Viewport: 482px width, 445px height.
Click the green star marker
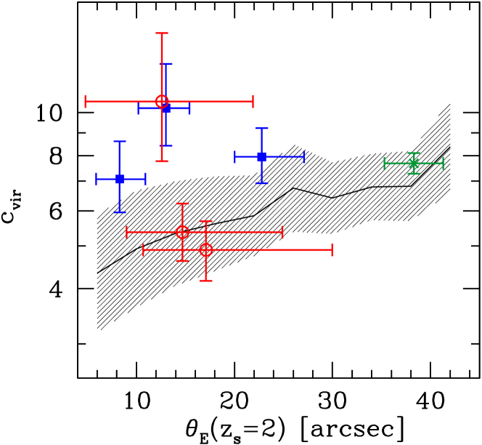click(414, 163)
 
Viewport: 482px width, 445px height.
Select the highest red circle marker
click(162, 101)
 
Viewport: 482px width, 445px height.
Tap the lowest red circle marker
click(206, 249)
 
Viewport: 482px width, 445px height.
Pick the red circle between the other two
click(182, 232)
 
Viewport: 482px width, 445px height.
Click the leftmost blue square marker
click(120, 179)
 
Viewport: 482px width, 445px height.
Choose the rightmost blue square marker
click(261, 156)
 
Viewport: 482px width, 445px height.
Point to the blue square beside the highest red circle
click(166, 108)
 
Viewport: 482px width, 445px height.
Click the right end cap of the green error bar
click(443, 163)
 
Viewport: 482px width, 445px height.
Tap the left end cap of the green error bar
click(385, 163)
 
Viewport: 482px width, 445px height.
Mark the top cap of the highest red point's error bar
click(162, 33)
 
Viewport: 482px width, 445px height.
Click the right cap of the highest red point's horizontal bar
click(253, 101)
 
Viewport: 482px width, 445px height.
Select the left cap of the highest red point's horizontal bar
click(86, 101)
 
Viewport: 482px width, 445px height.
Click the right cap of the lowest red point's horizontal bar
click(332, 249)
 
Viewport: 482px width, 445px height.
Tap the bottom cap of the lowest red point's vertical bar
click(206, 280)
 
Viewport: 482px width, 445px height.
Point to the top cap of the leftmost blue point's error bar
click(120, 142)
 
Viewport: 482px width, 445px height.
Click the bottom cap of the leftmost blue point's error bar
click(120, 212)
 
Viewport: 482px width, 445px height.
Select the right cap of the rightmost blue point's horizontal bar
click(303, 156)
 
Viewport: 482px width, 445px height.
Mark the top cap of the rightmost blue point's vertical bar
click(261, 128)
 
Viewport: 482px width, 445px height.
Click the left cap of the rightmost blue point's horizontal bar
click(235, 156)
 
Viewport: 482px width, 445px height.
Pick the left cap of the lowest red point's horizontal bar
click(144, 249)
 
